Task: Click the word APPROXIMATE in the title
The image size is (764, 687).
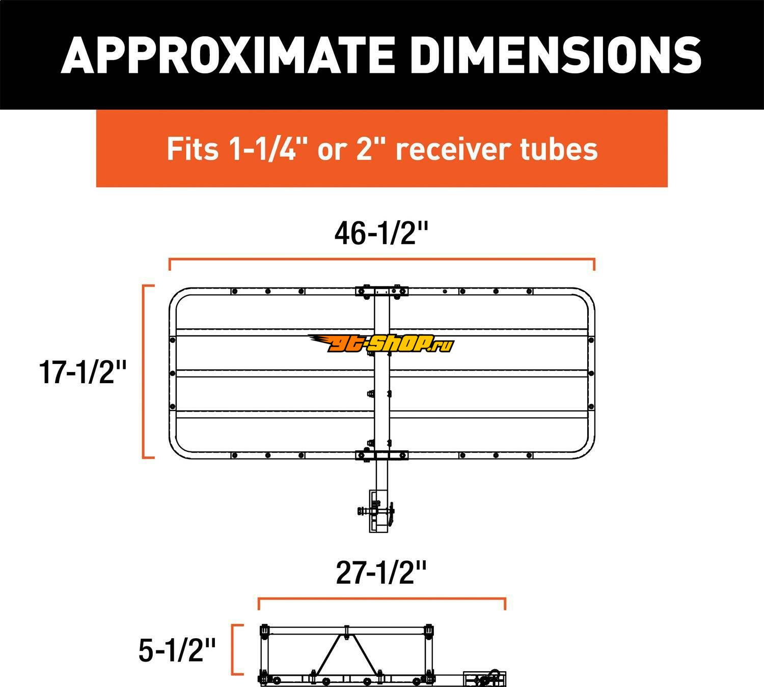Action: (227, 55)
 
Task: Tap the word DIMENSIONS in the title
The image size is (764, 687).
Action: (556, 55)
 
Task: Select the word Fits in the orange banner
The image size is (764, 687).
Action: (193, 149)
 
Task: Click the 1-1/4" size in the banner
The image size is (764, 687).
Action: (263, 149)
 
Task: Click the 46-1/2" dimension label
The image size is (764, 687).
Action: (381, 233)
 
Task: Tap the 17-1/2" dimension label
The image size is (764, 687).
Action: (83, 372)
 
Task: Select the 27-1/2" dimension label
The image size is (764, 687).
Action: (381, 573)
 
